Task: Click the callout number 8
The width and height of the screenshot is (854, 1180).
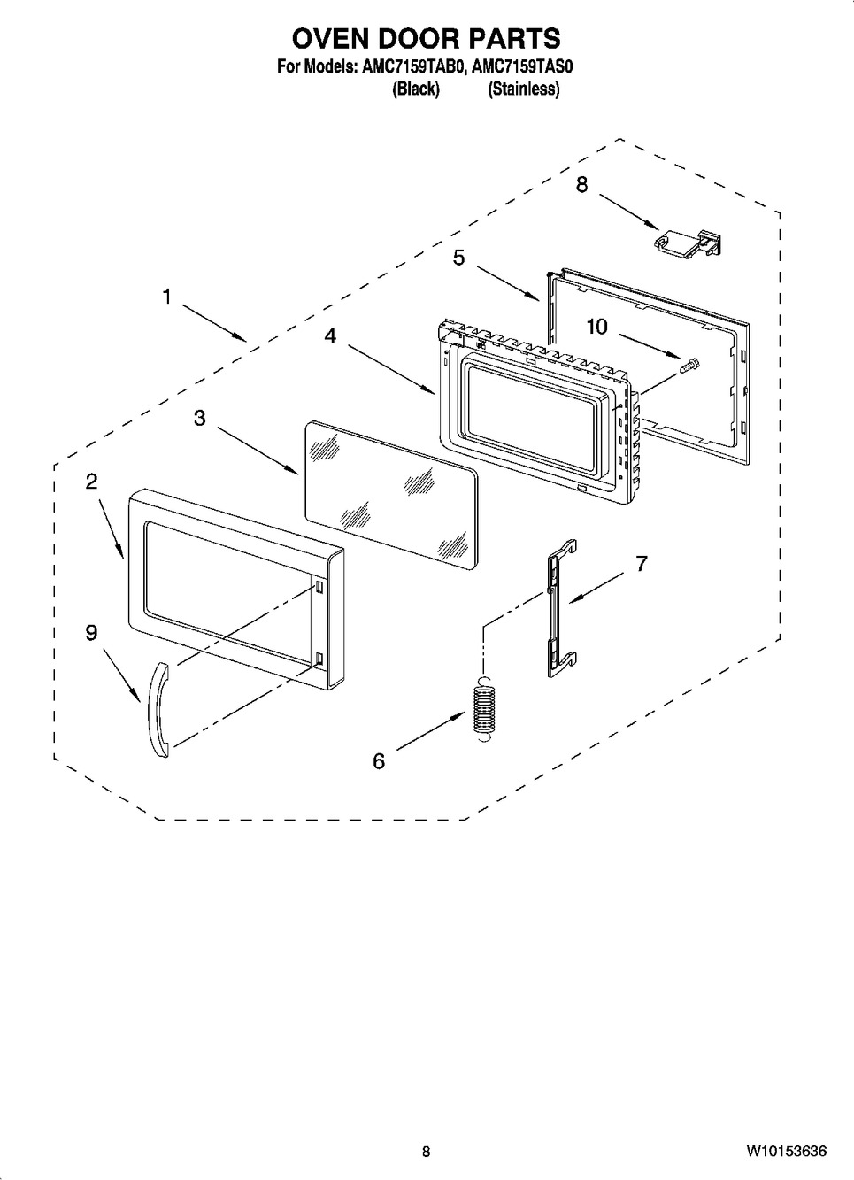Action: (x=581, y=184)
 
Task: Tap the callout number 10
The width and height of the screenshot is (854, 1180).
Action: (x=596, y=328)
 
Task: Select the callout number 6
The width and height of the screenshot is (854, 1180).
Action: (x=379, y=761)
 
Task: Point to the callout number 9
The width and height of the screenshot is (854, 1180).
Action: (x=92, y=633)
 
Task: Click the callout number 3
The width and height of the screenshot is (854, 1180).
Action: (x=199, y=419)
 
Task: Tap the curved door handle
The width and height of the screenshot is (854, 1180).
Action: (x=158, y=710)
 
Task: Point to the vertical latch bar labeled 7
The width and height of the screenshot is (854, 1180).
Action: (x=562, y=607)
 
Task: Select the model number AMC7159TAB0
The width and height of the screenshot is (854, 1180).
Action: (x=412, y=67)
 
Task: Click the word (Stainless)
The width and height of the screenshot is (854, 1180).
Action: (x=524, y=89)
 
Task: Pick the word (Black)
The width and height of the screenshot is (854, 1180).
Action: (x=416, y=89)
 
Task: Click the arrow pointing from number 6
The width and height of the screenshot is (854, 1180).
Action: (x=431, y=730)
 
